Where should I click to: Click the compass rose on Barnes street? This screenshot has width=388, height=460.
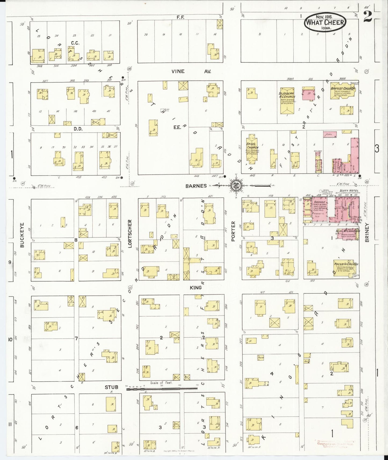coord(236,185)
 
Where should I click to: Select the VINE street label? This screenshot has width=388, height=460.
coord(178,71)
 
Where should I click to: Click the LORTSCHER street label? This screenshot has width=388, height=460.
coord(130,233)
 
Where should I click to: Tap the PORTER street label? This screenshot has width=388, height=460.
coord(233,231)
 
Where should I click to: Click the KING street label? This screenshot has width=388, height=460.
coord(195,287)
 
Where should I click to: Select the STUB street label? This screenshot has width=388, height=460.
coord(111,387)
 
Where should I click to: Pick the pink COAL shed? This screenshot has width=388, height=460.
coord(329,134)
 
